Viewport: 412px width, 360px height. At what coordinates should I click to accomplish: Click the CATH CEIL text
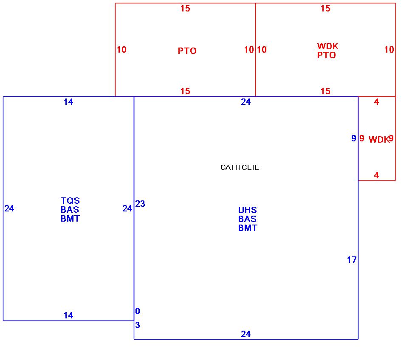(239, 167)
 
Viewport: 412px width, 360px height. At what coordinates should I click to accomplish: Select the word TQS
(70, 201)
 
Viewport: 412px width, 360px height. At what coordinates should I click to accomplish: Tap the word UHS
(247, 210)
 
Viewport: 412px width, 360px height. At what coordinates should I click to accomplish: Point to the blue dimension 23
(140, 204)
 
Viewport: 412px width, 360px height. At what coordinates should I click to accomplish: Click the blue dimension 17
(352, 260)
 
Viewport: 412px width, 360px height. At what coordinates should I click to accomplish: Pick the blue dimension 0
(138, 311)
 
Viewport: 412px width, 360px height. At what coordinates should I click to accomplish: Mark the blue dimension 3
(138, 326)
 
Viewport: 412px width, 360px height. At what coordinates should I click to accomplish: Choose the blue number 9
(353, 138)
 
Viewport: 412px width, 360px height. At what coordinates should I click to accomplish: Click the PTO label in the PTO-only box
(187, 51)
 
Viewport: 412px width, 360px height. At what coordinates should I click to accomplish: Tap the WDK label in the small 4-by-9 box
(378, 140)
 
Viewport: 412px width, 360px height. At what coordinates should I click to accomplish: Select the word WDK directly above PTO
(327, 46)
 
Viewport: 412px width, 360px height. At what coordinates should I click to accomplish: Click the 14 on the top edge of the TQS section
(68, 102)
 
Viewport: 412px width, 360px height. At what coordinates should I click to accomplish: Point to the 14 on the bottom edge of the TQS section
(68, 315)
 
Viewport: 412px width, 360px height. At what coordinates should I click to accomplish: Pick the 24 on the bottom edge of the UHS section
(246, 334)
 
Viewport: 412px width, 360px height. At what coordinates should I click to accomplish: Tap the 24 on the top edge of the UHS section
(246, 102)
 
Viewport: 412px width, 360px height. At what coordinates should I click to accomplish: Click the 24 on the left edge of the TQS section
(9, 208)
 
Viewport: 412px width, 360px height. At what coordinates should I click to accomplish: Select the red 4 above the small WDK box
(376, 102)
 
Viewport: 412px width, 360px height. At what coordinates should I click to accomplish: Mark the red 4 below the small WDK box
(376, 175)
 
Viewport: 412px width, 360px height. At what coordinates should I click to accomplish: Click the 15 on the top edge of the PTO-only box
(185, 8)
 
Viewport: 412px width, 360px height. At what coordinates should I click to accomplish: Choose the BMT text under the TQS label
(70, 219)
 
